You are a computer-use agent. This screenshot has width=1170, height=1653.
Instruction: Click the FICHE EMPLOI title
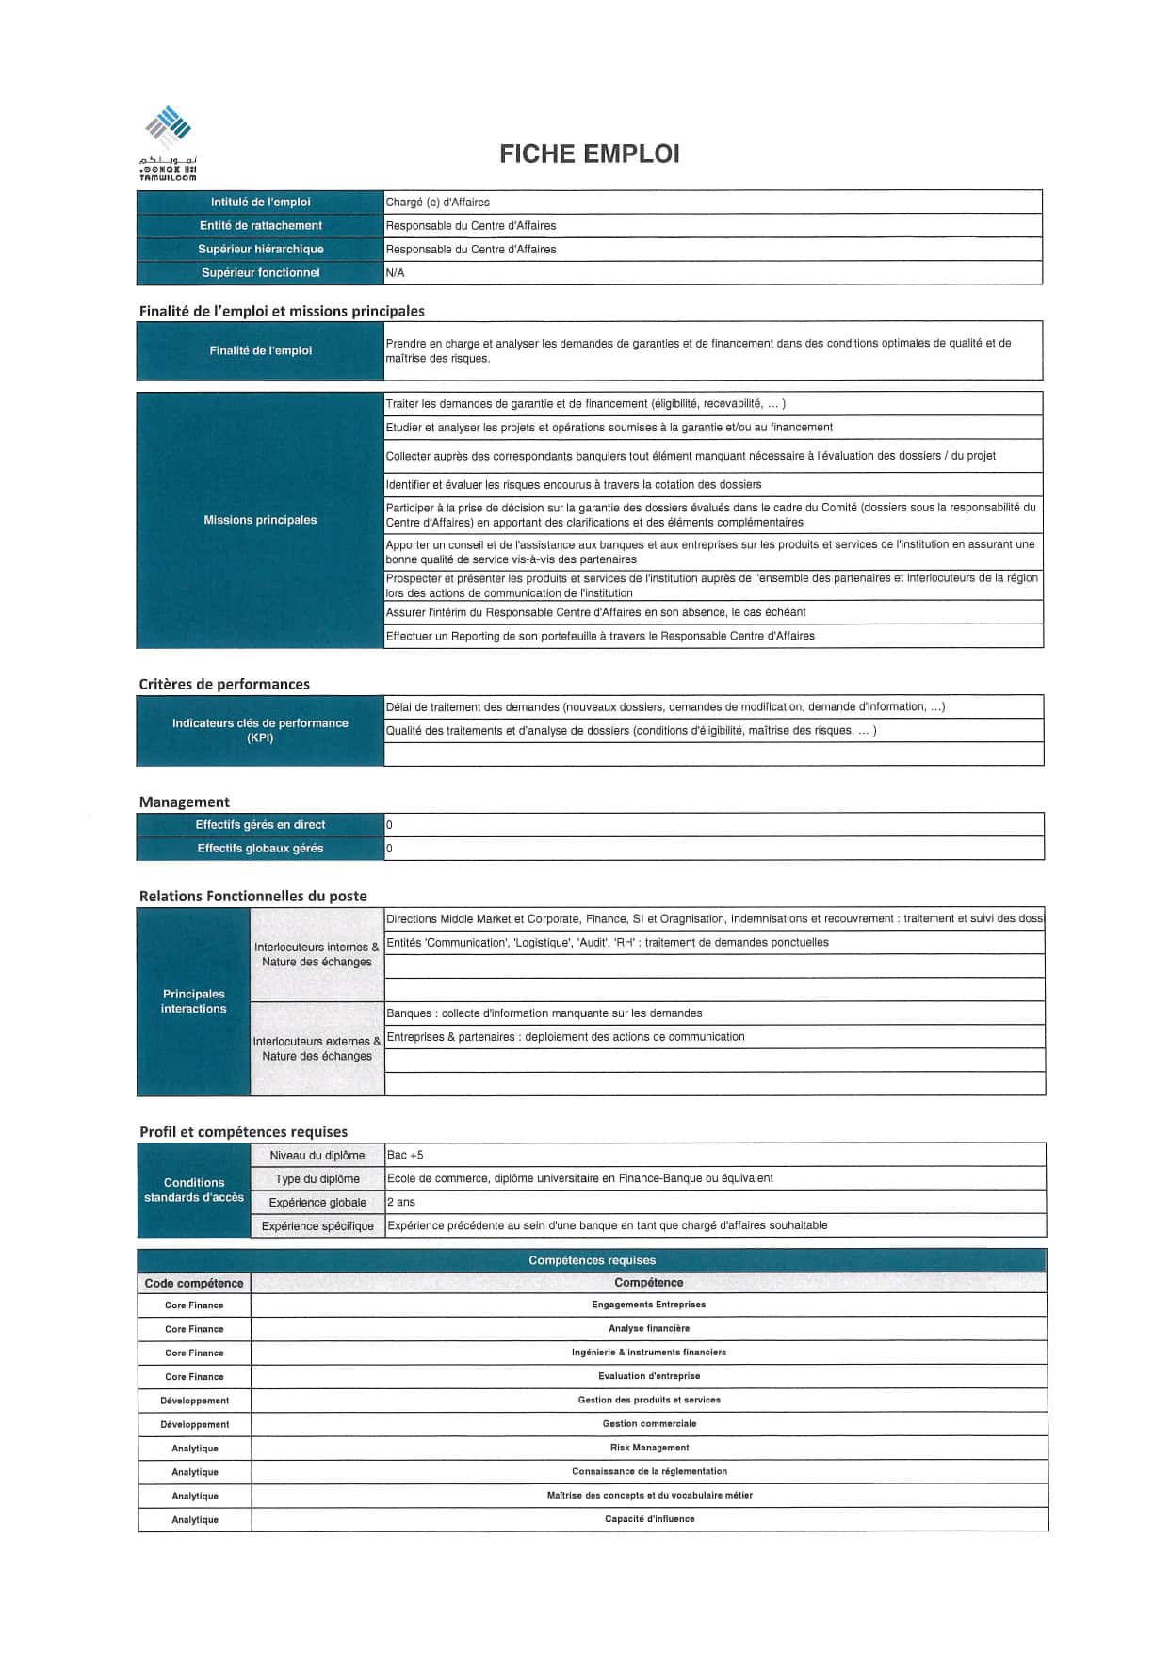589,154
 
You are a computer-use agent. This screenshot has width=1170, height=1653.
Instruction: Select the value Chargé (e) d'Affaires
438,203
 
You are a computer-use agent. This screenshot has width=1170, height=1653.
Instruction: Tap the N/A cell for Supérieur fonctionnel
396,273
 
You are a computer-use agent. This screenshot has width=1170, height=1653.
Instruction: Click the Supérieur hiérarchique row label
260,250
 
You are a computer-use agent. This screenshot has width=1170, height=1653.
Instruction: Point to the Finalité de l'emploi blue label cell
260,351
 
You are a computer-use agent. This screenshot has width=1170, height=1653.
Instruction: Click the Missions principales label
260,520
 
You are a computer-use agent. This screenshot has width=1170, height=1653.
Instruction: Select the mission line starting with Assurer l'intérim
595,612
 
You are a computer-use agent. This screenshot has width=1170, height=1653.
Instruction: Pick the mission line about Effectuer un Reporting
600,636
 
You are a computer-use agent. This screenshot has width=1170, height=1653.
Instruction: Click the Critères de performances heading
224,684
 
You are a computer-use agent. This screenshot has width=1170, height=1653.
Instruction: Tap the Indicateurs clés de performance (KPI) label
260,730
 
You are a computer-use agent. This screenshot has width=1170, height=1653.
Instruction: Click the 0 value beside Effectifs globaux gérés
390,849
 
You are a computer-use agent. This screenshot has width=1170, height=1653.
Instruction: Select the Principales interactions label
193,1001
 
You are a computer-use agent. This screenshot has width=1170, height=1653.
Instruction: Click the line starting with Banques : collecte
544,1013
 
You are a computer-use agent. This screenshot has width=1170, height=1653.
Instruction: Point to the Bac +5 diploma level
405,1155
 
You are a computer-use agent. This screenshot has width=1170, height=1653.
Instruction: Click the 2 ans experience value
401,1203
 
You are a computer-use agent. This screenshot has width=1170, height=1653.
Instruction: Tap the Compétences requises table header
592,1260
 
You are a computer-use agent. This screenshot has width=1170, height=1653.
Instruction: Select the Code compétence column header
194,1283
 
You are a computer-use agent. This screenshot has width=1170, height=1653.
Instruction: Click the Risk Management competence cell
649,1448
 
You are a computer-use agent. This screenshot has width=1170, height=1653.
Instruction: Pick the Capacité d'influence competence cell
649,1519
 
